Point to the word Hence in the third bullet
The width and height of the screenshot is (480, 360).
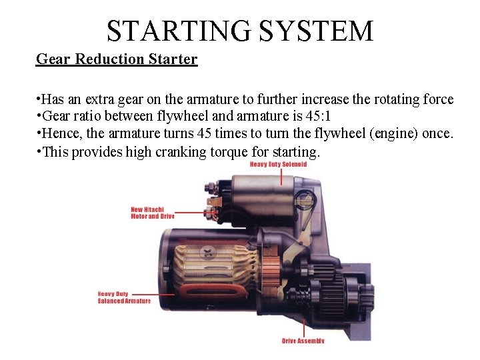63,134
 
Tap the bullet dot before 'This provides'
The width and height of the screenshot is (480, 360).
39,151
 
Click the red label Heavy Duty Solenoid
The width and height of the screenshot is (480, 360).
278,164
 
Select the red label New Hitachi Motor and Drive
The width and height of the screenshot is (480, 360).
152,213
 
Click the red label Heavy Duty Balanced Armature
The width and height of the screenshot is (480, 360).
124,297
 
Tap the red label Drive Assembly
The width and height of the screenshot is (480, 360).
303,341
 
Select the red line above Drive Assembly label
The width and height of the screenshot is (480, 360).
304,327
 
